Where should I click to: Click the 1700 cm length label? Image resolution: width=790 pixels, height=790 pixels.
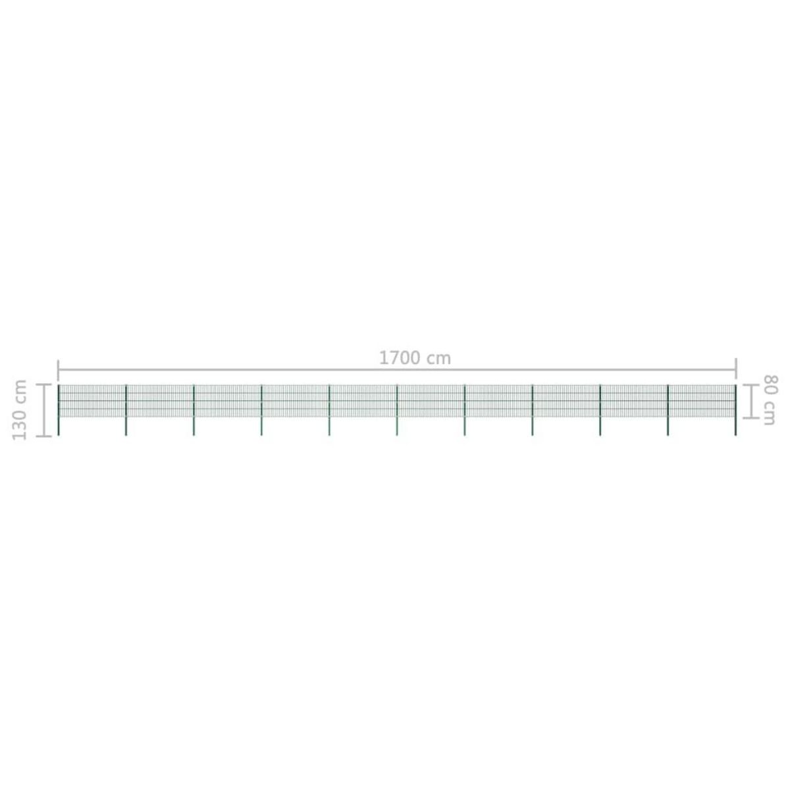pyautogui.click(x=415, y=358)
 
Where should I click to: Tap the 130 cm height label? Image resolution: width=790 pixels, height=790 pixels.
pyautogui.click(x=20, y=409)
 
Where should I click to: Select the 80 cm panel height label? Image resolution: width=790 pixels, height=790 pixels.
pyautogui.click(x=768, y=400)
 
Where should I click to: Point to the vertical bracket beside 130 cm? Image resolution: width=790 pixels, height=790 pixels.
pyautogui.click(x=44, y=410)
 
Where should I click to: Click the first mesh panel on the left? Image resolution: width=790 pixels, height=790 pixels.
pyautogui.click(x=92, y=401)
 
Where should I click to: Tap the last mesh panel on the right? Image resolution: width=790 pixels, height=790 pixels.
pyautogui.click(x=702, y=401)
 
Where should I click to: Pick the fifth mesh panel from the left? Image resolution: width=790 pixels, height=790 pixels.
pyautogui.click(x=363, y=401)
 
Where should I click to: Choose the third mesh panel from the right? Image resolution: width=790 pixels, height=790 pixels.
pyautogui.click(x=566, y=401)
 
